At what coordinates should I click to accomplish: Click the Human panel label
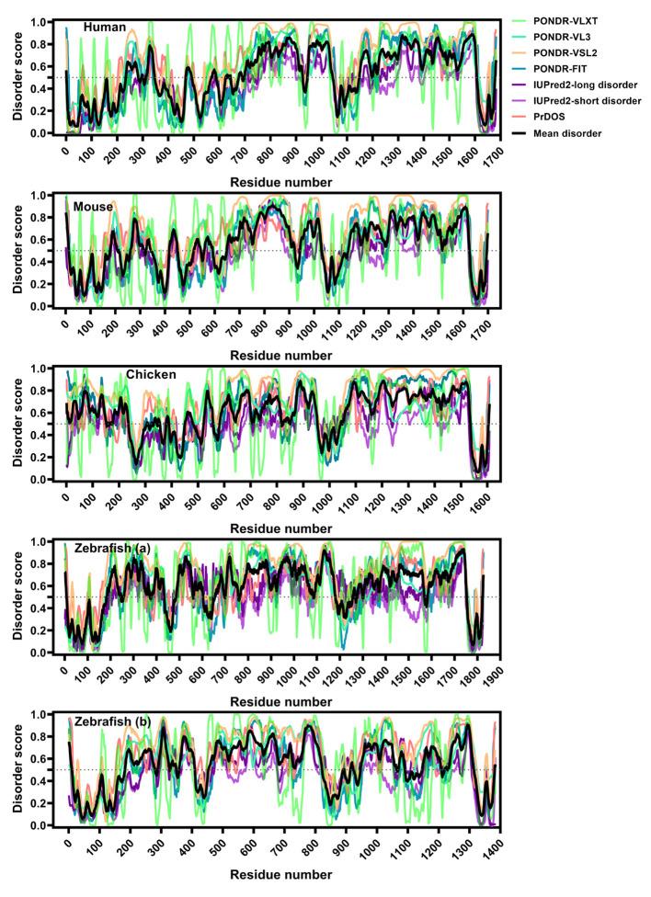click(x=104, y=28)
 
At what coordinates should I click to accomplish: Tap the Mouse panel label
click(x=95, y=207)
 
